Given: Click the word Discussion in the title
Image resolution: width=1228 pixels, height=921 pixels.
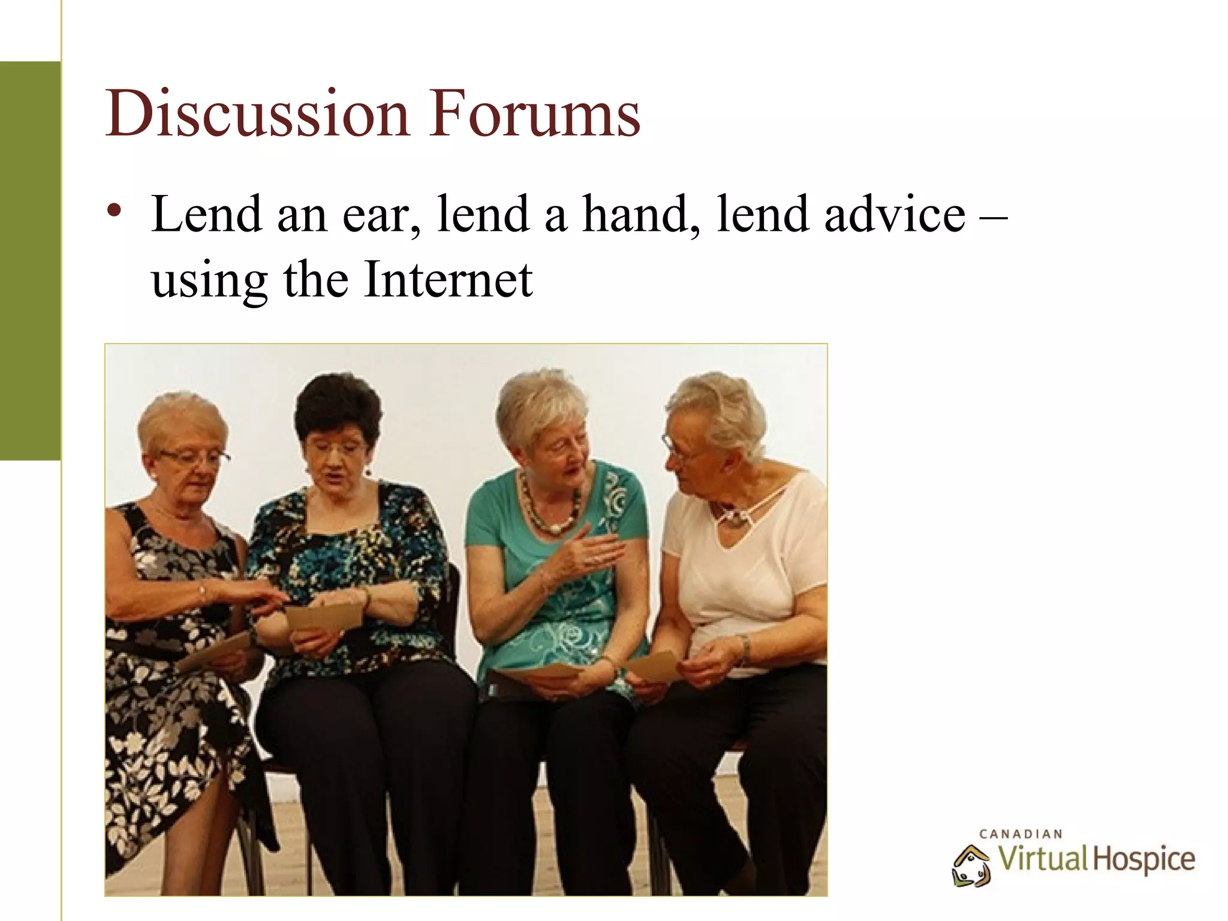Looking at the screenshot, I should pos(257,114).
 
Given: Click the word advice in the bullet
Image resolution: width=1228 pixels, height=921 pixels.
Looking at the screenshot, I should pos(894,214).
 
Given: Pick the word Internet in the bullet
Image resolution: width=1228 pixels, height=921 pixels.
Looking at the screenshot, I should pos(447,279).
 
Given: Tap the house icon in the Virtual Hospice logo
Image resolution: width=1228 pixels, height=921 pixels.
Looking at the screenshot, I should pos(971,865).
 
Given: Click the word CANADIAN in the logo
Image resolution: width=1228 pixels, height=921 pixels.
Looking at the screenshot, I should pos(1021,834).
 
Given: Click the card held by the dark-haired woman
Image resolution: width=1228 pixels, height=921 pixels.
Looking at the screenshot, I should pos(324,615).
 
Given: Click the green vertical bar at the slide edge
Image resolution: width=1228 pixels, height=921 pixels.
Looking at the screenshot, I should pos(30,261).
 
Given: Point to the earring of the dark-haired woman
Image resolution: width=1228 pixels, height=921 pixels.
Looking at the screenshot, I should pos(367,471).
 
